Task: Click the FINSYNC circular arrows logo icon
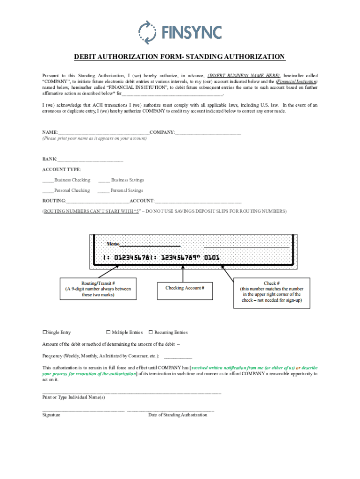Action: click(x=147, y=32)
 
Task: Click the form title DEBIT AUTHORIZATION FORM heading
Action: click(x=180, y=57)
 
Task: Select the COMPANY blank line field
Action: click(x=208, y=133)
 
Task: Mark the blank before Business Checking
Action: click(x=48, y=180)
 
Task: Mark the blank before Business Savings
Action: click(x=104, y=180)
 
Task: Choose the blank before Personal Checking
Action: click(x=48, y=191)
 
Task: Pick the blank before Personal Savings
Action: click(x=103, y=191)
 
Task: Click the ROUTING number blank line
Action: click(x=98, y=201)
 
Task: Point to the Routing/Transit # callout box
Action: click(x=98, y=289)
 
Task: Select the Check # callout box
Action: click(x=272, y=292)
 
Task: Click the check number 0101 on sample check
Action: click(x=211, y=258)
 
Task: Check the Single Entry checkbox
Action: click(x=45, y=332)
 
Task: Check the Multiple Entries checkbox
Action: click(x=108, y=332)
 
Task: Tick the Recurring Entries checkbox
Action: click(x=151, y=332)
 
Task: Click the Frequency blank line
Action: click(x=178, y=356)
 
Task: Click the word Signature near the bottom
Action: click(x=51, y=415)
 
